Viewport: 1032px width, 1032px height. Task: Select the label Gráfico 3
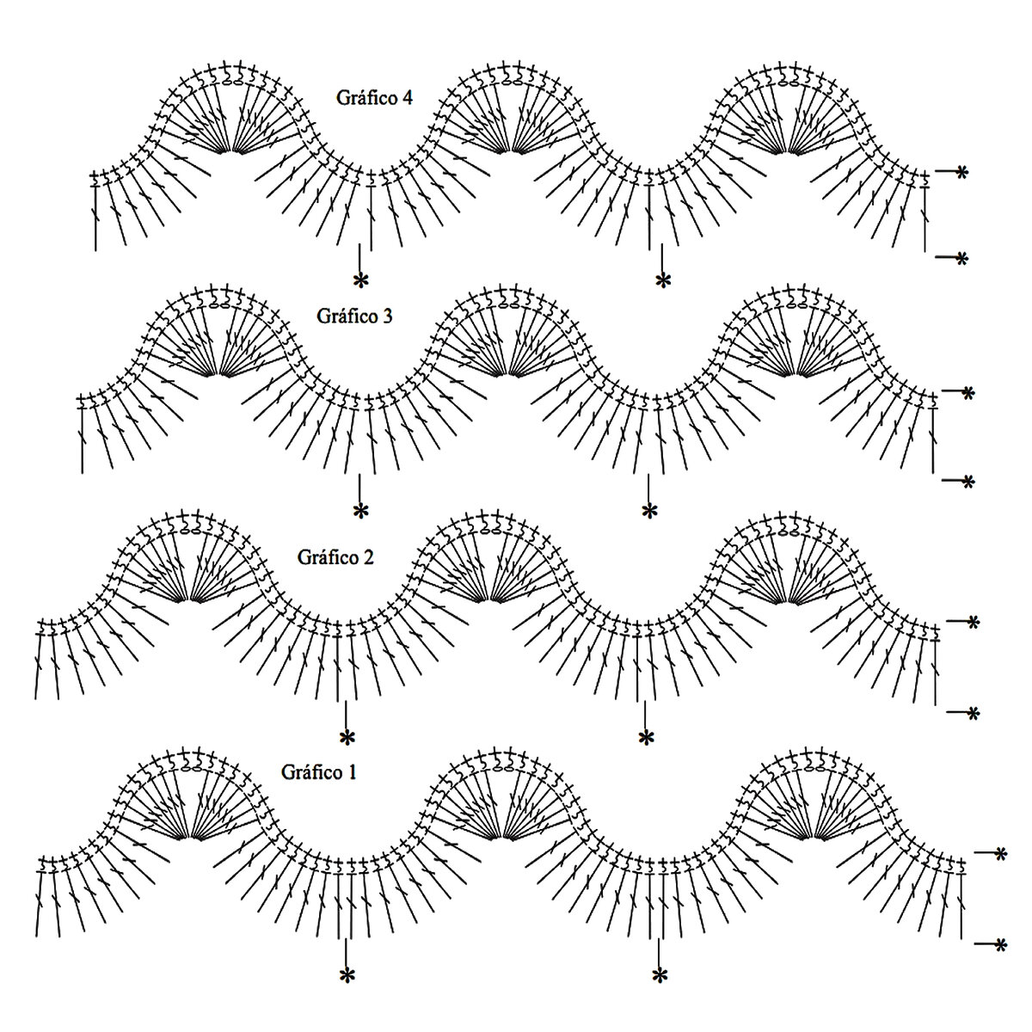click(x=354, y=316)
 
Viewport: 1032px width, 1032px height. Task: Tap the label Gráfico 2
click(x=335, y=556)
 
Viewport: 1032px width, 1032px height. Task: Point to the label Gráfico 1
click(x=318, y=771)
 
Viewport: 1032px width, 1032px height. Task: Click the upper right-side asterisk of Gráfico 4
click(x=961, y=173)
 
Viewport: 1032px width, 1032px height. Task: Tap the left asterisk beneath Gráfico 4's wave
click(x=360, y=279)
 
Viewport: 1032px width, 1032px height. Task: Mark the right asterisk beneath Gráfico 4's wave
click(x=662, y=279)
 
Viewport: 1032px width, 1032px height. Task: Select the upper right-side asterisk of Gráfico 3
click(x=968, y=392)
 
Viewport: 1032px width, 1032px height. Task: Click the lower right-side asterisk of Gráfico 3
click(x=968, y=482)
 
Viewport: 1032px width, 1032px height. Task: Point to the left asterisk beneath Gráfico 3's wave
click(x=360, y=511)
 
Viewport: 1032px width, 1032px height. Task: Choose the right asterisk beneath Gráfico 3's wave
click(x=649, y=511)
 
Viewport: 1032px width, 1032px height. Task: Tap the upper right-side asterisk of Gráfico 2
click(x=973, y=621)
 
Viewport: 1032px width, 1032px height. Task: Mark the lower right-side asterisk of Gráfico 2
click(x=973, y=713)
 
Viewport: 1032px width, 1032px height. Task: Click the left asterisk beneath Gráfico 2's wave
click(x=347, y=738)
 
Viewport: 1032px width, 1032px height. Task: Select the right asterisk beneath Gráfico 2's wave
click(x=646, y=738)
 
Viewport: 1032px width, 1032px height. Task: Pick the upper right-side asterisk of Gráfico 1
click(x=1000, y=853)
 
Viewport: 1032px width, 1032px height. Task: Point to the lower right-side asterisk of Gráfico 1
click(x=1000, y=945)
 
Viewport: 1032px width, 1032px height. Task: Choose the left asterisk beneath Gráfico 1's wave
click(x=347, y=975)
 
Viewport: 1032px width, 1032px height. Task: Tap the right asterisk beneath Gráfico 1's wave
click(x=660, y=975)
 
